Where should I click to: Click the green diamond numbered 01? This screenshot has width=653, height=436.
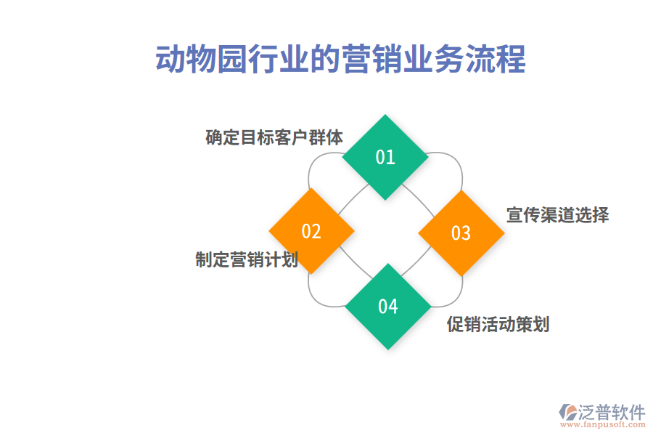point(385,157)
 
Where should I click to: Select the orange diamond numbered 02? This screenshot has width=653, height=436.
point(311,231)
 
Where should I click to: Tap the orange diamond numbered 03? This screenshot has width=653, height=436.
point(461,233)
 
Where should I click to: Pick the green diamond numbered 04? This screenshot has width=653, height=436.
point(387,306)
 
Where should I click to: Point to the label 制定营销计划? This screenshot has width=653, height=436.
point(247,259)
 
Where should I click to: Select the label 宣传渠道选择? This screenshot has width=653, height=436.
point(557,214)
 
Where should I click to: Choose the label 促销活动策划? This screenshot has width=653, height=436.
point(498,324)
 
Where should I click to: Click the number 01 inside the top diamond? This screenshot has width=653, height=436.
point(385,157)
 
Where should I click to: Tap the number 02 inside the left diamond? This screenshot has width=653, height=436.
point(311,231)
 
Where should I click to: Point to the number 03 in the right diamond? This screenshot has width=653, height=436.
point(461,233)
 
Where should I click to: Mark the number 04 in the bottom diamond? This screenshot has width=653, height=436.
point(387,306)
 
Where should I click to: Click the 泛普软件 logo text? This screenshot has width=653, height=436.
point(611,413)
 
